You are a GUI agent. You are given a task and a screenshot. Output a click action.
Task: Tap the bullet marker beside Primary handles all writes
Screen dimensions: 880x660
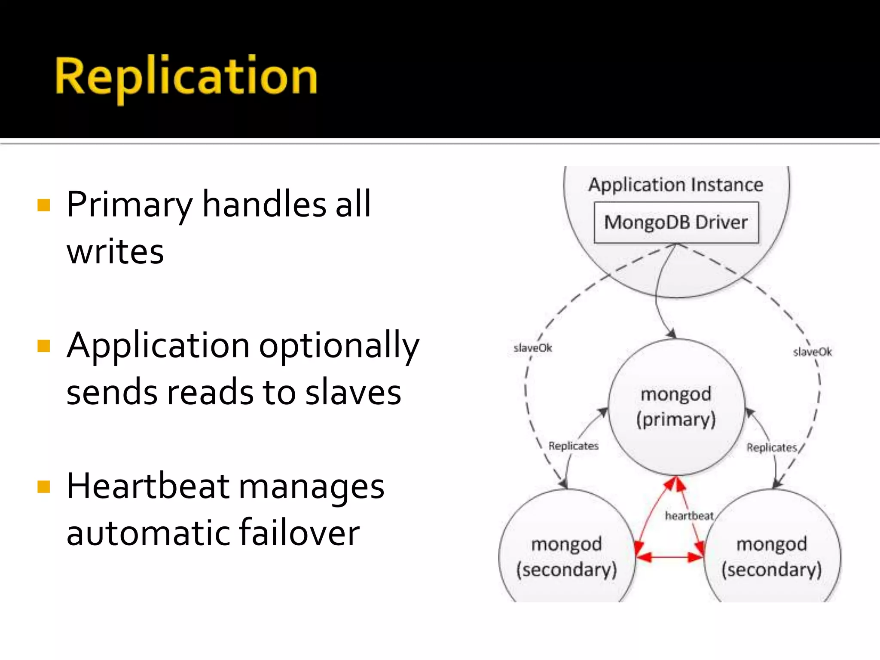pyautogui.click(x=44, y=205)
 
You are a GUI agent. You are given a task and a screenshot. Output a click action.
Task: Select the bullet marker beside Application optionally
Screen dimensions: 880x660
pyautogui.click(x=44, y=345)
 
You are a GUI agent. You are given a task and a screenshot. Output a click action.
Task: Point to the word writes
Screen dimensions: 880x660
pyautogui.click(x=115, y=252)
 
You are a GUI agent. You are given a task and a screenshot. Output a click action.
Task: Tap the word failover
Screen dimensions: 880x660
pyautogui.click(x=299, y=533)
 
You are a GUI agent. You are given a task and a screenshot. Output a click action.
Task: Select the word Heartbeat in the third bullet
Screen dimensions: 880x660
pyautogui.click(x=148, y=486)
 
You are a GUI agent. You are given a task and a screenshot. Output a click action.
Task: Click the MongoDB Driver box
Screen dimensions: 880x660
pyautogui.click(x=676, y=223)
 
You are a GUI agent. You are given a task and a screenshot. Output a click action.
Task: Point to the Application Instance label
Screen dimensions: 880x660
pyautogui.click(x=676, y=185)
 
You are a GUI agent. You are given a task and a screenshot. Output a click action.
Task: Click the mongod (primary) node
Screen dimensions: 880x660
pyautogui.click(x=676, y=407)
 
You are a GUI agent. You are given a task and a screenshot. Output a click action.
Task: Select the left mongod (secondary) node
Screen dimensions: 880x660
pyautogui.click(x=566, y=557)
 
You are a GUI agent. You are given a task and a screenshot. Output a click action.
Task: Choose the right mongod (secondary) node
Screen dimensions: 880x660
pyautogui.click(x=772, y=557)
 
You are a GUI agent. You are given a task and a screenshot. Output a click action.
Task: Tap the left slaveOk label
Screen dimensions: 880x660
pyautogui.click(x=533, y=348)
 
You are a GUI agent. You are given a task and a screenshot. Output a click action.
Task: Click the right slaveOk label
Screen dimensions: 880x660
pyautogui.click(x=813, y=352)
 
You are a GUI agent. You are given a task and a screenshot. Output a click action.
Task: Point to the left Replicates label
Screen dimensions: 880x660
pyautogui.click(x=573, y=446)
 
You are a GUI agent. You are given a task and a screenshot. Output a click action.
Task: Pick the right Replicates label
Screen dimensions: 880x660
pyautogui.click(x=772, y=448)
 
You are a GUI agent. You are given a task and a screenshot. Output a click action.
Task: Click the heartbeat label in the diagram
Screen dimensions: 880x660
pyautogui.click(x=689, y=516)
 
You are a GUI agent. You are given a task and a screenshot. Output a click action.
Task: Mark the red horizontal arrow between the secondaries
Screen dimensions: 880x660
pyautogui.click(x=669, y=557)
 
